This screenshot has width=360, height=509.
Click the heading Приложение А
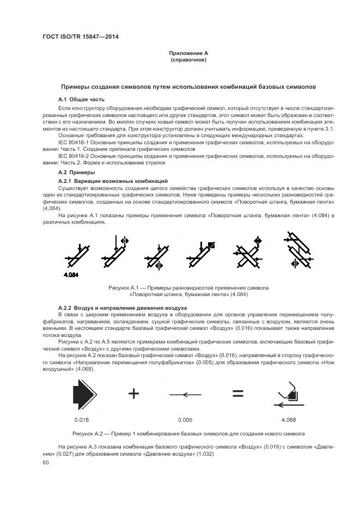[188, 53]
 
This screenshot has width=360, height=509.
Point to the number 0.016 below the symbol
[81, 420]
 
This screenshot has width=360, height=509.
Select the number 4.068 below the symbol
[288, 420]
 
